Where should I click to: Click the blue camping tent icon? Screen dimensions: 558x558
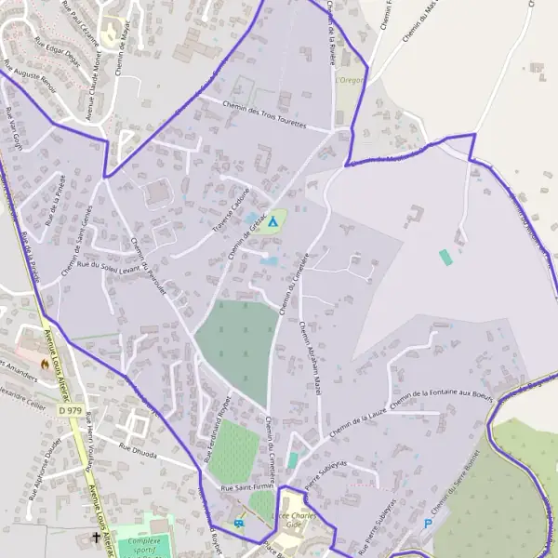tap(272, 221)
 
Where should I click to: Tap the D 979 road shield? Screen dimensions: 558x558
tap(69, 409)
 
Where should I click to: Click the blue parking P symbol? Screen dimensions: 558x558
tap(428, 524)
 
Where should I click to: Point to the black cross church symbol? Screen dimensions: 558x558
tap(95, 537)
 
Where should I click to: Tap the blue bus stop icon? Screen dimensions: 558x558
tap(240, 524)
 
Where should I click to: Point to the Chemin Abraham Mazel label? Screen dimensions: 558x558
tap(310, 356)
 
